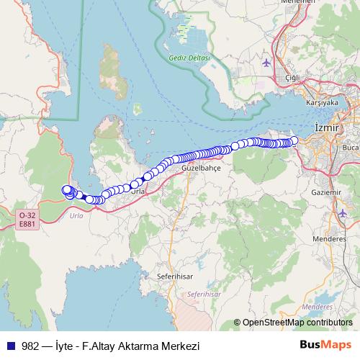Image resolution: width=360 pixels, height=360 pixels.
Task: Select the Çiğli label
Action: point(292,77)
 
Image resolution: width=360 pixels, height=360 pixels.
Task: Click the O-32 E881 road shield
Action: point(27,219)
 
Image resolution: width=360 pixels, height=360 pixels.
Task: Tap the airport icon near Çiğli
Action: point(267,63)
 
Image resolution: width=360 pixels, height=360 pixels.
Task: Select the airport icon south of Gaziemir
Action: point(341,214)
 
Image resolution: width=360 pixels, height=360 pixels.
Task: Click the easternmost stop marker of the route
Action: point(294,140)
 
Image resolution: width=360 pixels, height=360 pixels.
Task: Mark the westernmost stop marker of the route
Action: point(66,190)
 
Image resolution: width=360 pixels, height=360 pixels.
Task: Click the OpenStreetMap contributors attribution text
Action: point(297,323)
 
